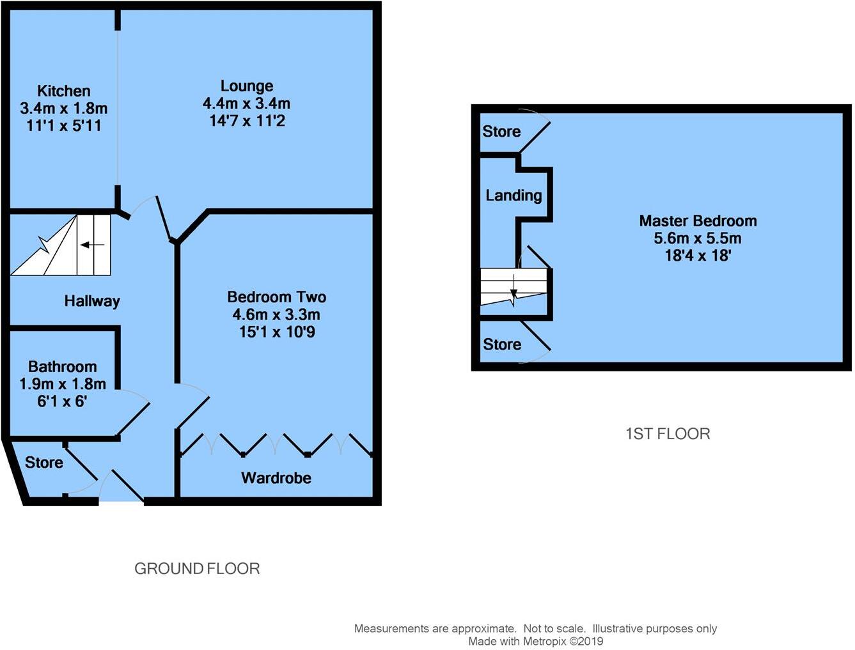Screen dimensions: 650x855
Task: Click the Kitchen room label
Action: [63, 91]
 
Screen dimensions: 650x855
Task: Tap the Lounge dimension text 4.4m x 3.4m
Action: [246, 104]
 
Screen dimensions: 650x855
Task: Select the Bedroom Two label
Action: [276, 297]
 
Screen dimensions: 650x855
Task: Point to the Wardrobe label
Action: [276, 478]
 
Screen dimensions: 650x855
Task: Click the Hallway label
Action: [92, 301]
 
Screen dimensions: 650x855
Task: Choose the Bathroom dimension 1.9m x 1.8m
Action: [63, 384]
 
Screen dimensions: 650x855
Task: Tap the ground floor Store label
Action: [43, 463]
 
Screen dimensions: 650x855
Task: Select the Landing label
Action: [514, 196]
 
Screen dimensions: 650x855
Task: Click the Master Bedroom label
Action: [698, 221]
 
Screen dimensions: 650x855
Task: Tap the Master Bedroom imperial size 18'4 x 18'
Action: [698, 256]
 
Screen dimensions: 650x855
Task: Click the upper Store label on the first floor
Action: [501, 132]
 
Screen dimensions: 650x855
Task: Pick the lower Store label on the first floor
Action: [502, 344]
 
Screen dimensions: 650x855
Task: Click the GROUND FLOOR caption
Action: [197, 569]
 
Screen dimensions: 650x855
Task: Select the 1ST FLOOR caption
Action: [668, 434]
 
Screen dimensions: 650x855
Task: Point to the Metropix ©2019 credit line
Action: [535, 641]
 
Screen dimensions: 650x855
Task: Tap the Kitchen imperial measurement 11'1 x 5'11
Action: [63, 125]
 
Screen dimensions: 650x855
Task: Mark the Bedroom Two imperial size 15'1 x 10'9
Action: [276, 332]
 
